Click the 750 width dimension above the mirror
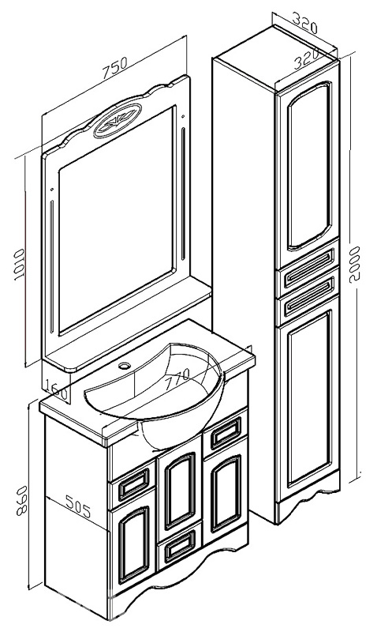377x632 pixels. point(114,66)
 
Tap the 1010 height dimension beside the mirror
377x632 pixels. point(18,265)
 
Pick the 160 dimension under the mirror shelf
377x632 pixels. point(57,389)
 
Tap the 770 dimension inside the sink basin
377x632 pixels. point(177,378)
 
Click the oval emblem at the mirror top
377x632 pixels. point(118,120)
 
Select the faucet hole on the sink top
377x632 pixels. point(125,367)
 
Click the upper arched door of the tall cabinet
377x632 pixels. point(309,165)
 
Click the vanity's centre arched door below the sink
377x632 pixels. point(181,491)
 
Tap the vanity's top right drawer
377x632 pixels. point(226,432)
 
